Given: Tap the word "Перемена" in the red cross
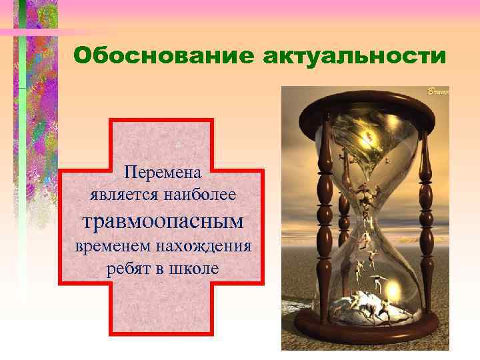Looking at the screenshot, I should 163,173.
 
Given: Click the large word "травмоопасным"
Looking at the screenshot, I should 162,220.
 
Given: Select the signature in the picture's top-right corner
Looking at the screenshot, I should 437,91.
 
